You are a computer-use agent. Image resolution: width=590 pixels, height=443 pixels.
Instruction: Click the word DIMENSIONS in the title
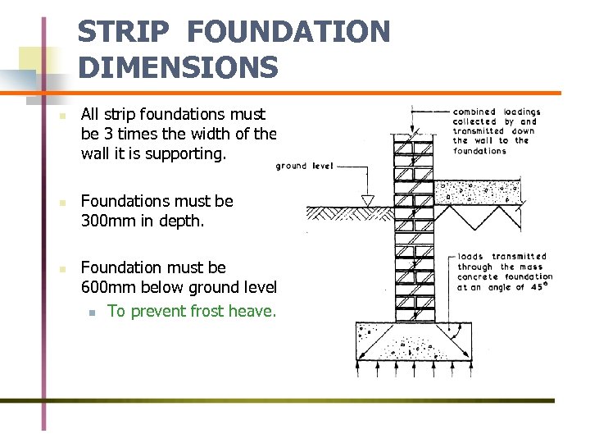179,67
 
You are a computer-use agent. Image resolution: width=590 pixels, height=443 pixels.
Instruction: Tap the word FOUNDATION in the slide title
288,33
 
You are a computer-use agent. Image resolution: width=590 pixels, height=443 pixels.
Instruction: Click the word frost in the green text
207,311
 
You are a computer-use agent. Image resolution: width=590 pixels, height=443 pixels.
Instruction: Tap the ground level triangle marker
368,199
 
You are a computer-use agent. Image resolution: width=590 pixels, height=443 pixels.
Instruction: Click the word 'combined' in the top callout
474,112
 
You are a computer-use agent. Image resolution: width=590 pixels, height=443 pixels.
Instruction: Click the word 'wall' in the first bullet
96,153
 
